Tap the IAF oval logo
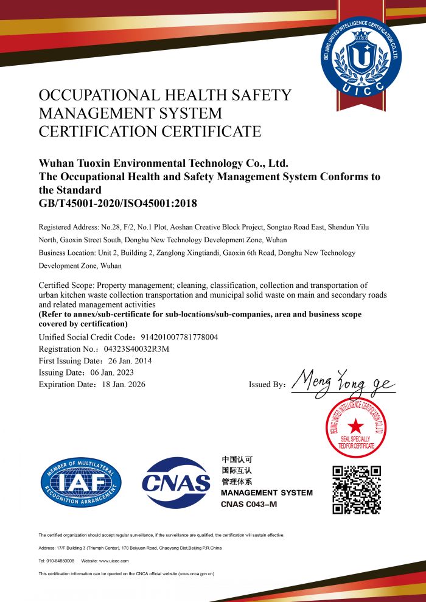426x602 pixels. coord(81,483)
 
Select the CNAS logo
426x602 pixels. coord(176,483)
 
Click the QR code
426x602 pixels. coord(357,489)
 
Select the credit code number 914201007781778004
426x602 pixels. coord(180,337)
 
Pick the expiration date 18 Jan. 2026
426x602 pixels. coord(125,384)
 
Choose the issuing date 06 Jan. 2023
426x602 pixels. coord(113,373)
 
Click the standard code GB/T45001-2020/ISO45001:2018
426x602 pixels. coord(118,203)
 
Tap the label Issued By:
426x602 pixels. coord(267,385)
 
